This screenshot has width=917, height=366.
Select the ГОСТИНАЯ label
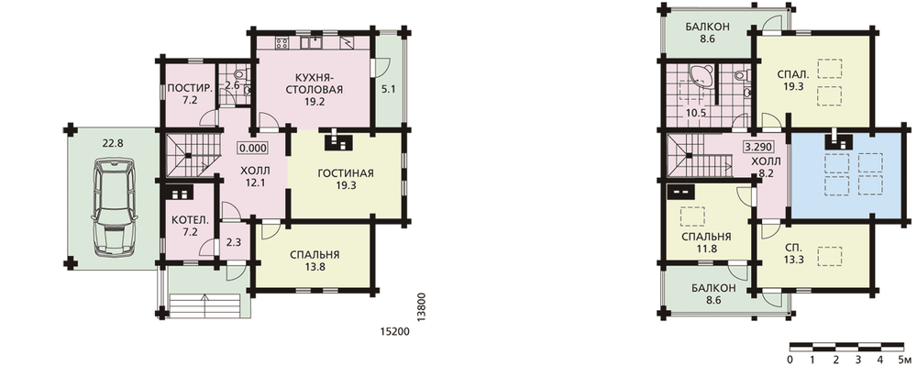click(346, 173)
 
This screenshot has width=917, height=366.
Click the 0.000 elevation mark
click(253, 148)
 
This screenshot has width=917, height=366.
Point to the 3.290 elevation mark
click(757, 148)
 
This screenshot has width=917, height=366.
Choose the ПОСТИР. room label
click(185, 89)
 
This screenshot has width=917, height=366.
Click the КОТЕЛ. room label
click(189, 220)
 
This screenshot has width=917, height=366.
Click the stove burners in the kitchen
click(282, 43)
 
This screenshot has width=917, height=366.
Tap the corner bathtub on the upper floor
click(700, 76)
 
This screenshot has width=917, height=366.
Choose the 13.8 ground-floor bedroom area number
click(315, 267)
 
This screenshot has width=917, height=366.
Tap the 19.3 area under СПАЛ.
click(793, 86)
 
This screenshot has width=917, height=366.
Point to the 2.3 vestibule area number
click(231, 240)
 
